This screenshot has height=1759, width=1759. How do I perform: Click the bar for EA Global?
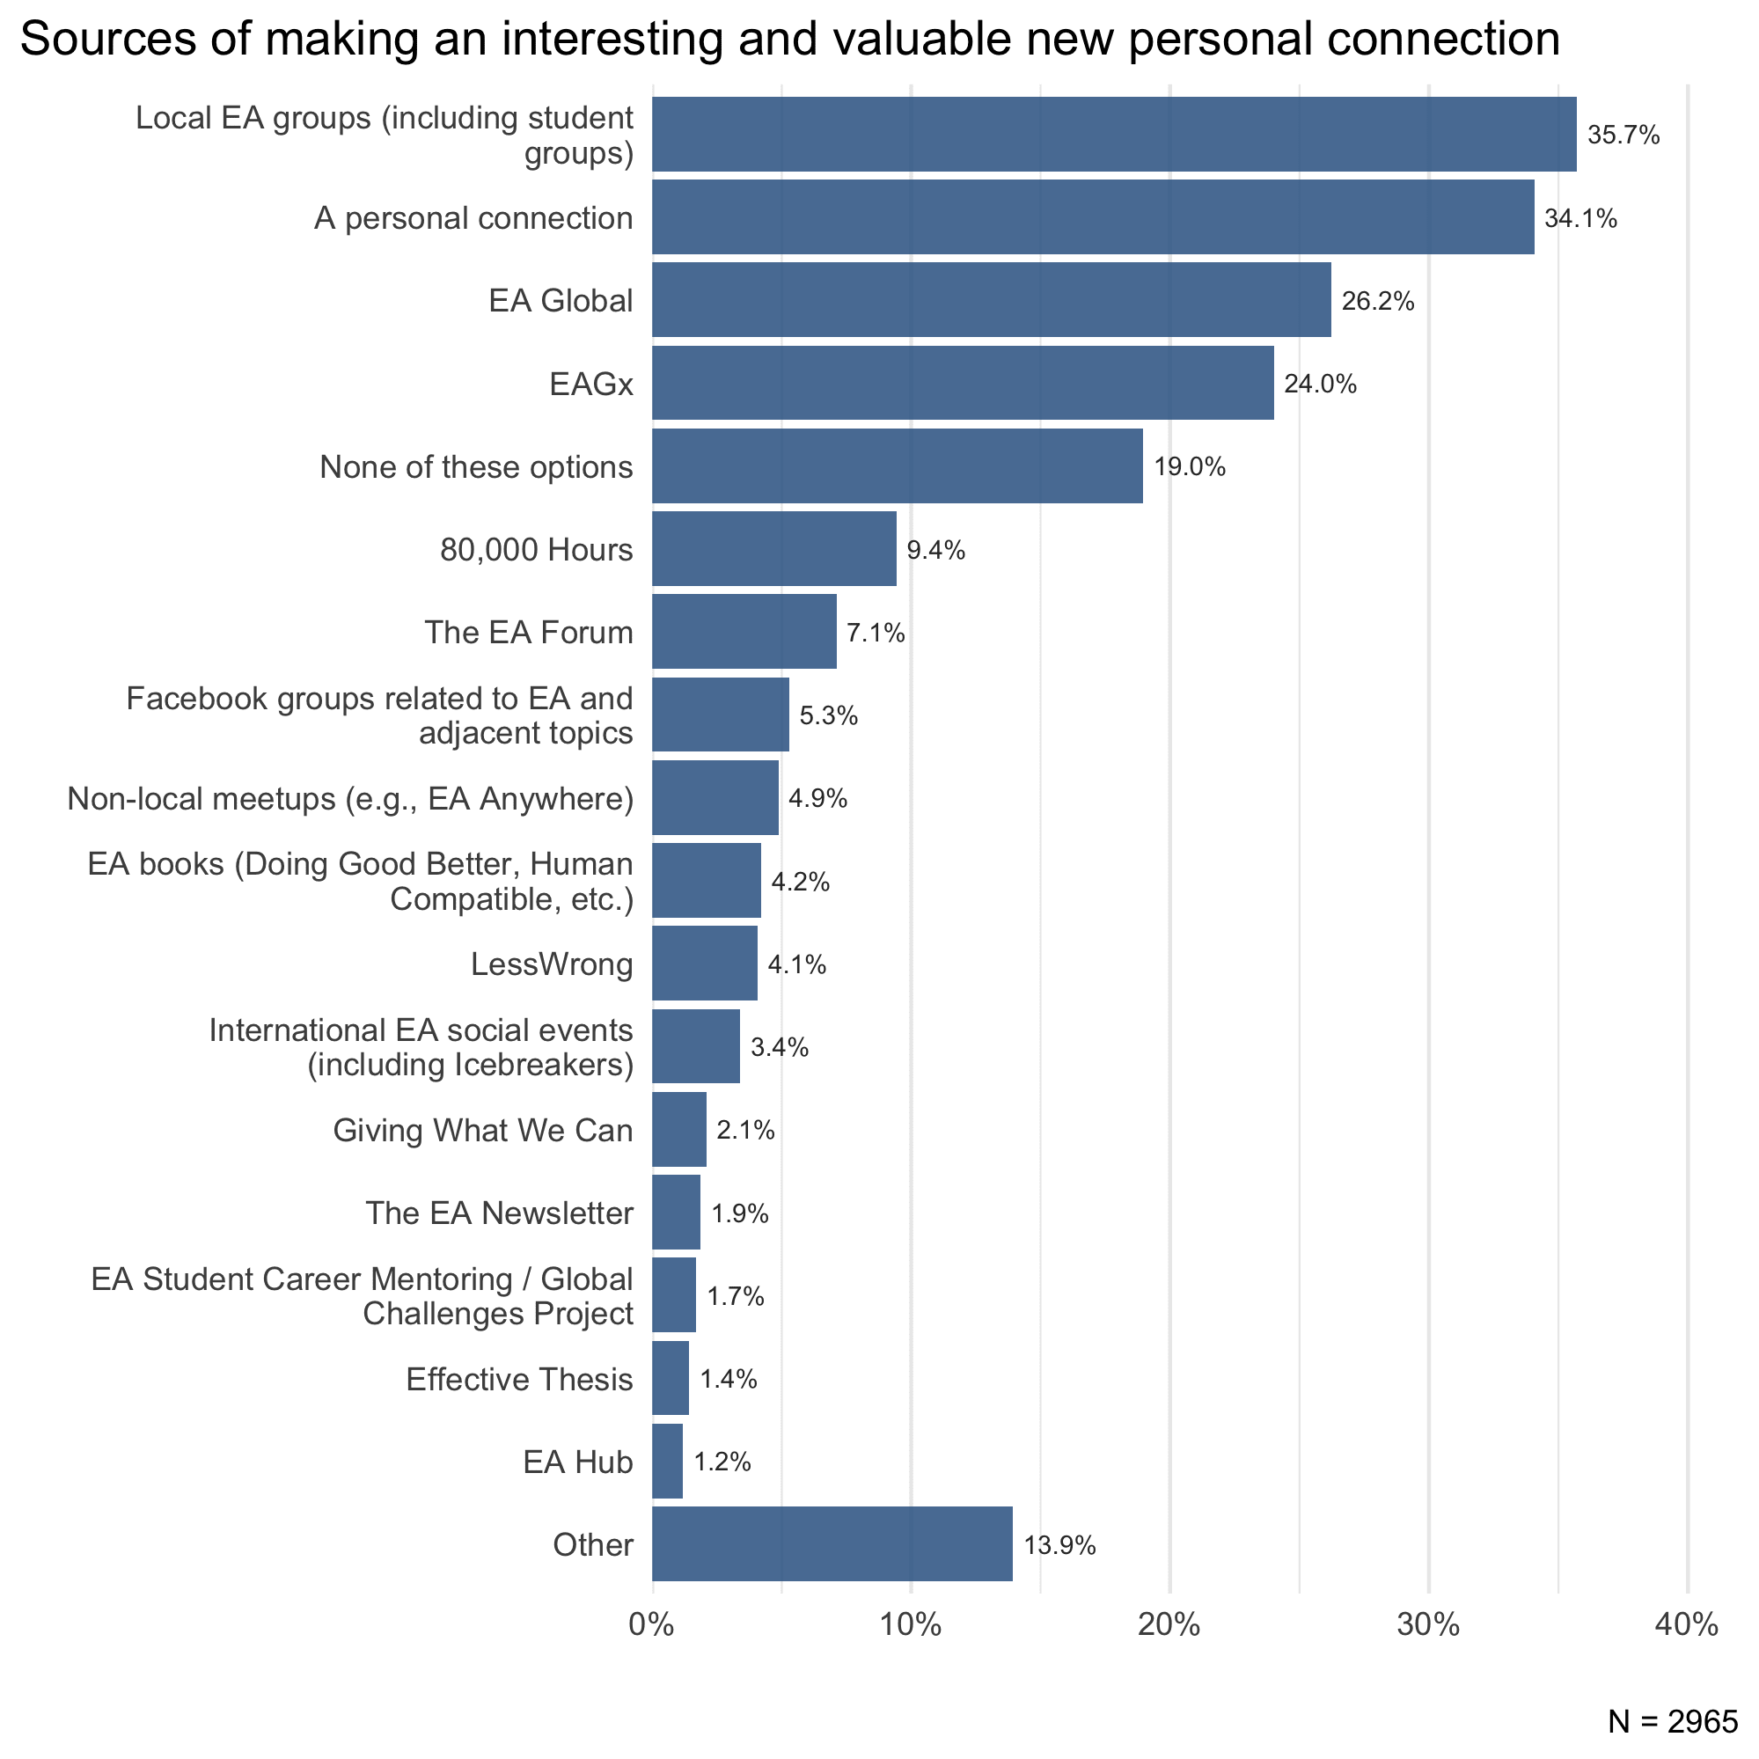(991, 299)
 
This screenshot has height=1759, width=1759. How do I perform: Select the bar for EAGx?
(963, 383)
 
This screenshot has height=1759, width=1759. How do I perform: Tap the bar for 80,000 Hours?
(773, 548)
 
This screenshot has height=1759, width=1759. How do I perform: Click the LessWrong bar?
(704, 963)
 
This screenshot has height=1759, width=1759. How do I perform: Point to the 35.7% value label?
(1623, 136)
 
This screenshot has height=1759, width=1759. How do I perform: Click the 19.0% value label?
(1189, 467)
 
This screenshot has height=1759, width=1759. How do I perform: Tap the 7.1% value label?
(875, 633)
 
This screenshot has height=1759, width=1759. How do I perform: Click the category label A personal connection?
(473, 218)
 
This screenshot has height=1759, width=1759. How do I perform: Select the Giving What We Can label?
(482, 1130)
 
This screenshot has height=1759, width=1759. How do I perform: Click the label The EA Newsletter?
(499, 1213)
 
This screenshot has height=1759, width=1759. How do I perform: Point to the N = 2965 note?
(1673, 1721)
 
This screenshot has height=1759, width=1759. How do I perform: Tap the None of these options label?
(476, 467)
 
